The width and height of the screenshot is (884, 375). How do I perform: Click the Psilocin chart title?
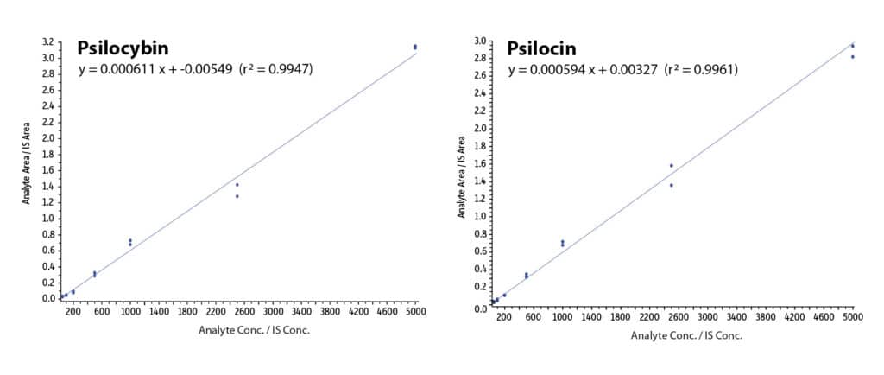click(541, 49)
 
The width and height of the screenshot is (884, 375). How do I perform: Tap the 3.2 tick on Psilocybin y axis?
click(49, 41)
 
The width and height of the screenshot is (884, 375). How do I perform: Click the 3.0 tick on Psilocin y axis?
click(478, 41)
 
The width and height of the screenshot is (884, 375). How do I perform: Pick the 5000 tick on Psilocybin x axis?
click(415, 310)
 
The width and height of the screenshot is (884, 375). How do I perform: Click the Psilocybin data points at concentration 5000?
click(415, 47)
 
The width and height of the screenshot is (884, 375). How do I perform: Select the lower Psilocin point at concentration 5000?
click(852, 57)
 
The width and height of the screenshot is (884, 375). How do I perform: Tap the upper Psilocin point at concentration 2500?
click(671, 165)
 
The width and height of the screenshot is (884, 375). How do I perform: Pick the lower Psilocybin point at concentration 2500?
click(237, 196)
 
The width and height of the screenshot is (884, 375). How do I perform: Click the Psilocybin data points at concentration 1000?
click(130, 242)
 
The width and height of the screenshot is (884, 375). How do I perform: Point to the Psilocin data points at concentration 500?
click(526, 276)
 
